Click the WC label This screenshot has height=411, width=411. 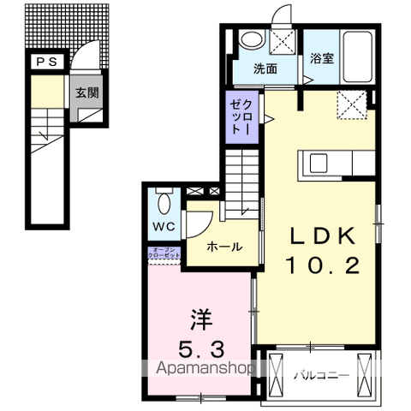164,227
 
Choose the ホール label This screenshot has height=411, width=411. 223,247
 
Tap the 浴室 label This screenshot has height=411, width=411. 321,60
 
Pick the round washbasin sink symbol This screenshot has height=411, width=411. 251,39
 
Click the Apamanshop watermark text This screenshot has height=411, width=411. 204,370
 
